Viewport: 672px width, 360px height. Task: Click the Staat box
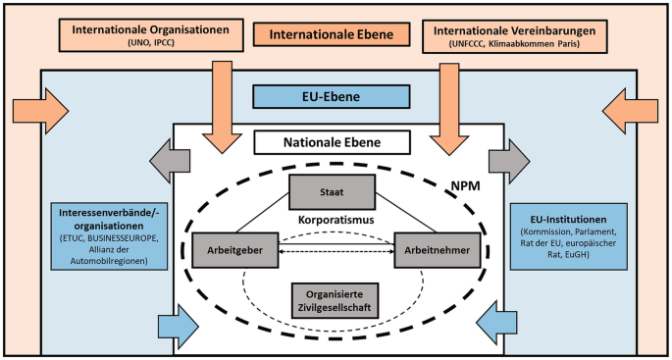pyautogui.click(x=333, y=190)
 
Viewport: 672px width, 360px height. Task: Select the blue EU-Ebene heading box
pyautogui.click(x=332, y=97)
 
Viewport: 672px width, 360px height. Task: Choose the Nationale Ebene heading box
pyautogui.click(x=332, y=142)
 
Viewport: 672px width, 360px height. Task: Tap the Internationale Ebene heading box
pyautogui.click(x=333, y=35)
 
